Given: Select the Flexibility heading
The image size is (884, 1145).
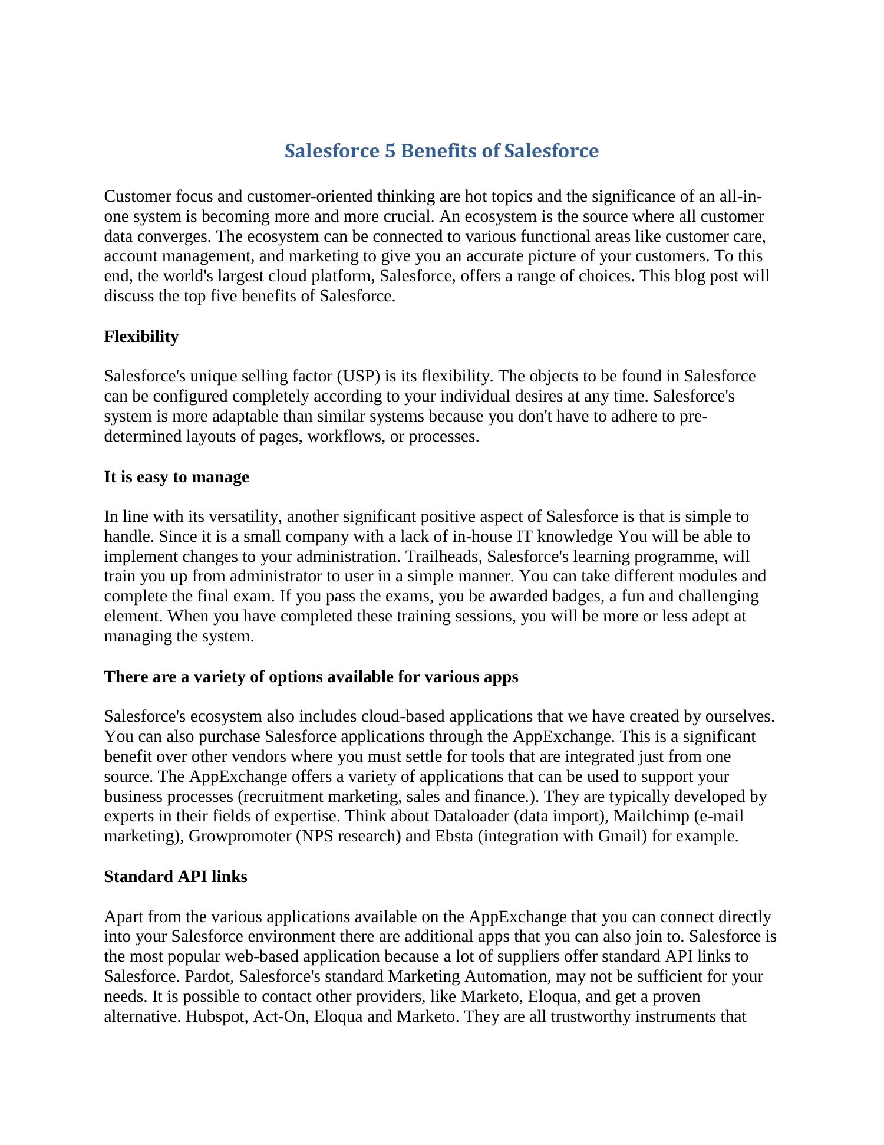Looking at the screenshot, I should coord(141,337).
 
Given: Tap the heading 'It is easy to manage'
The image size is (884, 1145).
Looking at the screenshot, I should coord(176,477).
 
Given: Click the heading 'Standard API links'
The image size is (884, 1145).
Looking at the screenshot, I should coord(176,877).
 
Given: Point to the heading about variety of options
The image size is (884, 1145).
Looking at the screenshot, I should coord(311,677).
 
